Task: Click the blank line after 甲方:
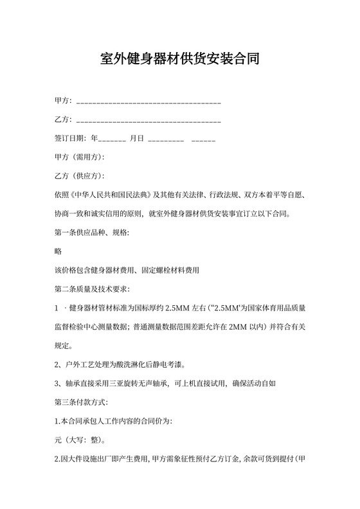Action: click(x=148, y=102)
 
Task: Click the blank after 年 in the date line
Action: click(x=113, y=139)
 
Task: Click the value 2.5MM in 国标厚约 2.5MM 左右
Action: click(x=177, y=308)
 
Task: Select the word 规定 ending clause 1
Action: click(x=62, y=346)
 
